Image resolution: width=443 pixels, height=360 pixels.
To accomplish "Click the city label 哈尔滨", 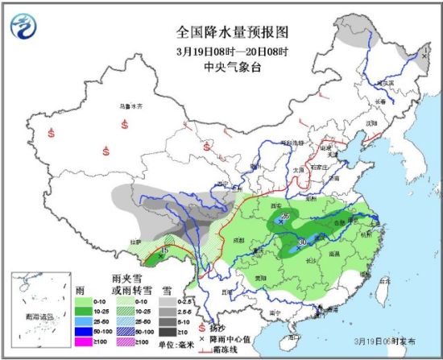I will click(387, 83).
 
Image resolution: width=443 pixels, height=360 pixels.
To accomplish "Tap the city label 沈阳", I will click(371, 123).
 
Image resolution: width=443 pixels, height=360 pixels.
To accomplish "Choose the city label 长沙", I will click(309, 260).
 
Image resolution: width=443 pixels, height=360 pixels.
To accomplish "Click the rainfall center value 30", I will click(302, 241).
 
